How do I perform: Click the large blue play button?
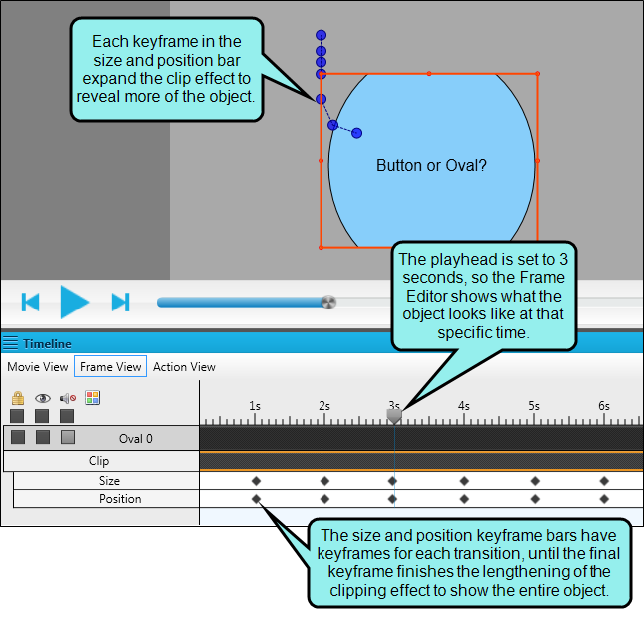74,302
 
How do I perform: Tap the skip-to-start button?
30,302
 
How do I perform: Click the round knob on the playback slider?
328,302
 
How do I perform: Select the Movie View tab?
37,366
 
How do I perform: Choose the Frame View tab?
110,366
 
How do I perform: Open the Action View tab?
184,366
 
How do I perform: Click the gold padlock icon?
18,398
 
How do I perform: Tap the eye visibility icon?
43,398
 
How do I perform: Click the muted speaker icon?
68,398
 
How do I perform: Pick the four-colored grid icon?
93,398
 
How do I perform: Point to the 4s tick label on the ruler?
464,406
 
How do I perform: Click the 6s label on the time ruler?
604,406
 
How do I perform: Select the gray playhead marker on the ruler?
394,416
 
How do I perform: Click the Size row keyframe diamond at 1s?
256,481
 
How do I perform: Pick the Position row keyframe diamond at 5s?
535,499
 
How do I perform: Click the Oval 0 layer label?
135,438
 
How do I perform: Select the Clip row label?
99,461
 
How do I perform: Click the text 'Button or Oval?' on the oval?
431,165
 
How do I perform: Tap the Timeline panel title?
47,343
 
